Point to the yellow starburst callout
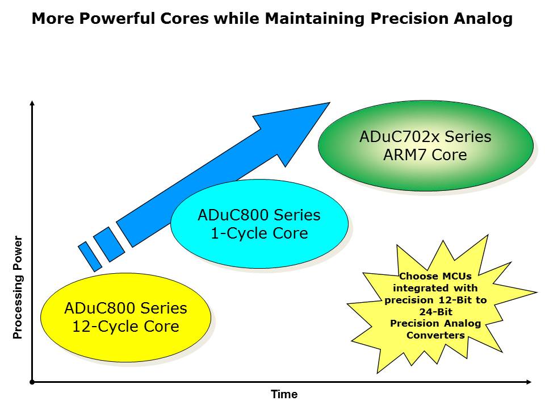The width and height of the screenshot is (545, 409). click(x=435, y=307)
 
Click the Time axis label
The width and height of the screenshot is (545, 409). click(x=284, y=394)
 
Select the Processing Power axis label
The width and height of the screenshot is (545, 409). click(x=18, y=287)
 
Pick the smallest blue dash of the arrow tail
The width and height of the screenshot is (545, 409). click(x=90, y=256)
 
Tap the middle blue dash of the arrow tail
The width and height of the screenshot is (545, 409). click(x=108, y=244)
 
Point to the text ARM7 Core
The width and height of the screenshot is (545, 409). click(x=426, y=155)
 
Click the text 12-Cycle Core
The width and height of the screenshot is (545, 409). click(x=125, y=327)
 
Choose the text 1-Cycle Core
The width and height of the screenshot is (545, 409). click(x=259, y=233)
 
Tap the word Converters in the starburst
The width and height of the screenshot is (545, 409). click(x=435, y=335)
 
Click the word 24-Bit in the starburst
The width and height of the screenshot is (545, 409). click(x=435, y=312)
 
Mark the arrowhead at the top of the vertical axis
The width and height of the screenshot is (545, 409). click(x=32, y=103)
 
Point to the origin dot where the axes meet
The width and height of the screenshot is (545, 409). click(x=32, y=382)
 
